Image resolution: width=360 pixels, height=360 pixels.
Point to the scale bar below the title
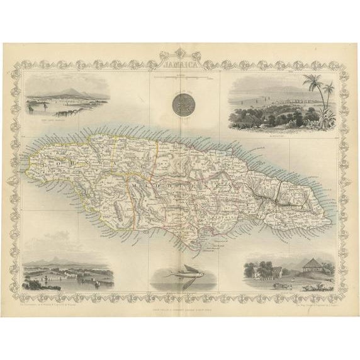coord(180,77)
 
